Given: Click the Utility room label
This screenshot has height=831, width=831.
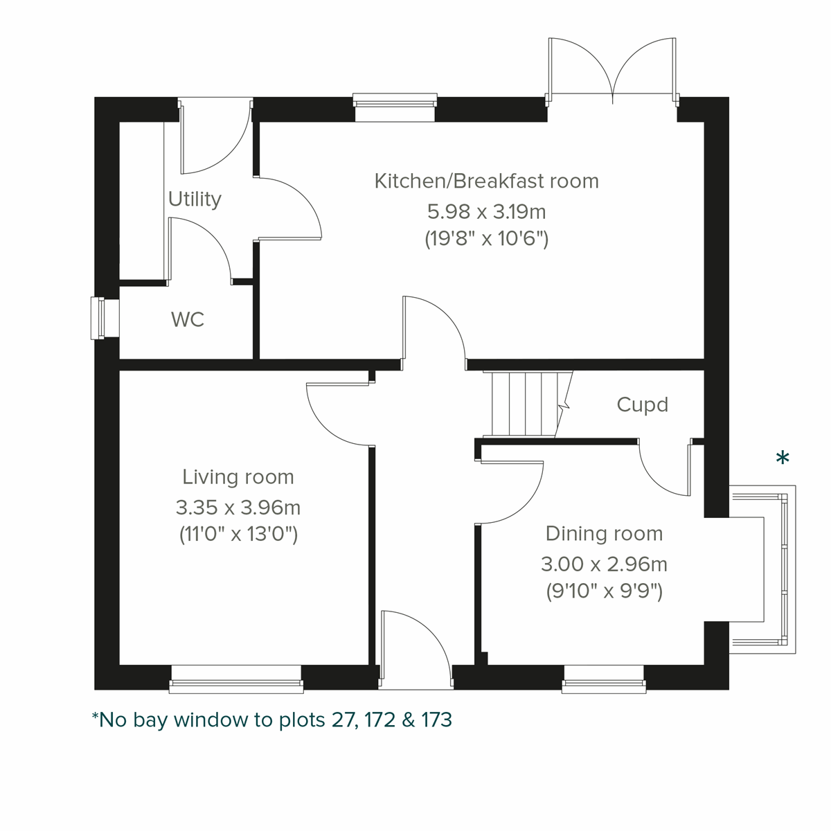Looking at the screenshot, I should click(195, 199).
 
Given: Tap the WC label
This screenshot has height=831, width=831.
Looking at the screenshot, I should click(188, 320).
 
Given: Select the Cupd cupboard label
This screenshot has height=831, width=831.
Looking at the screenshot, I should click(642, 404).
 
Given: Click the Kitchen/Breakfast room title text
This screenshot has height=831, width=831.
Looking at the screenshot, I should click(486, 181).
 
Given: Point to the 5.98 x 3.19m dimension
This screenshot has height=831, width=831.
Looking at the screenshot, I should click(486, 211).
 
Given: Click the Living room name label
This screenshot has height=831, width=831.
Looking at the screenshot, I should click(238, 477).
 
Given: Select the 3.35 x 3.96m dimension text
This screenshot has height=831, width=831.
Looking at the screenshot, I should click(238, 508).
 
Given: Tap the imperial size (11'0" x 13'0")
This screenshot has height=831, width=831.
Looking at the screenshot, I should click(238, 535).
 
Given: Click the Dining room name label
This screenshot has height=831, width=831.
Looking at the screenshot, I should click(604, 534).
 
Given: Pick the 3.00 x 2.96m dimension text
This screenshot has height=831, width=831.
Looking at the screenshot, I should click(604, 564).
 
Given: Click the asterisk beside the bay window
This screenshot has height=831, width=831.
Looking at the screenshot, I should click(783, 458).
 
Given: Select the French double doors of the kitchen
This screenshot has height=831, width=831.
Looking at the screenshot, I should click(612, 69).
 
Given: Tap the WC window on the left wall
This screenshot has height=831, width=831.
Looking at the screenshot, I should click(98, 319).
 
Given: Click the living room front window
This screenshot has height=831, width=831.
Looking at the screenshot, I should click(236, 679).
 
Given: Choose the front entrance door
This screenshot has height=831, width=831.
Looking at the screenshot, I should click(415, 651).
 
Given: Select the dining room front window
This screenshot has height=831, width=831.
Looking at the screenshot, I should click(604, 679).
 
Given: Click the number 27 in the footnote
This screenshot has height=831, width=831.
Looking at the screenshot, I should click(342, 720).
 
